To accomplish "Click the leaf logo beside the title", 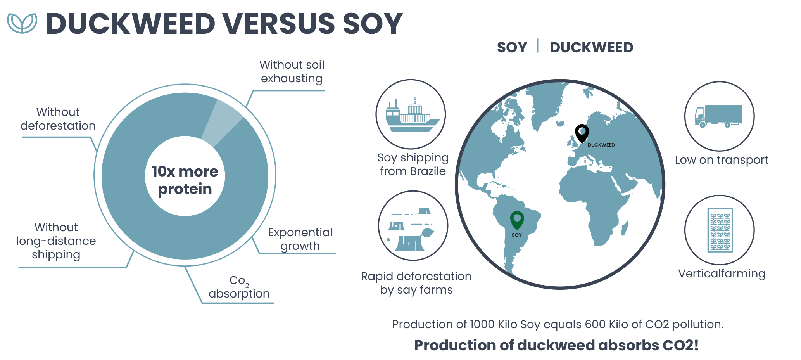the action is pyautogui.click(x=22, y=23).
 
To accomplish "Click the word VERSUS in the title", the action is pyautogui.click(x=278, y=23).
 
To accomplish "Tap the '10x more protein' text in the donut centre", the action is pyautogui.click(x=185, y=180).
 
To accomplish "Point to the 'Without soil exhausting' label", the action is pyautogui.click(x=292, y=71).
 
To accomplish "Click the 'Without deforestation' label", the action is pyautogui.click(x=58, y=119).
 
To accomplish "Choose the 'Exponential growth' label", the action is pyautogui.click(x=300, y=239).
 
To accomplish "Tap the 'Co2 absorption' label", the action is pyautogui.click(x=239, y=287).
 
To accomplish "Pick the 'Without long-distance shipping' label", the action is pyautogui.click(x=56, y=241).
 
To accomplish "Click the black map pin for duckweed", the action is pyautogui.click(x=582, y=133).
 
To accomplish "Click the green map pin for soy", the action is pyautogui.click(x=517, y=220).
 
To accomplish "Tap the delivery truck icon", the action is pyautogui.click(x=718, y=116).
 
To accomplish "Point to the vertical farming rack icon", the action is pyautogui.click(x=720, y=230).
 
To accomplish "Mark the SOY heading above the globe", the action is pyautogui.click(x=512, y=47).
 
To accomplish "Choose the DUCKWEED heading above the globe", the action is pyautogui.click(x=592, y=47).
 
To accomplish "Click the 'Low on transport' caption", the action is pyautogui.click(x=722, y=160).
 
